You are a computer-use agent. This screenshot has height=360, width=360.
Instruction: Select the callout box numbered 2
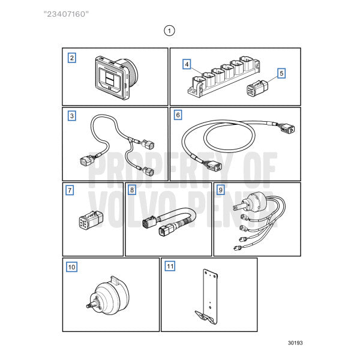click(72, 58)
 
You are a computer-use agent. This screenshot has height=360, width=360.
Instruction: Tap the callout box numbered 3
click(72, 116)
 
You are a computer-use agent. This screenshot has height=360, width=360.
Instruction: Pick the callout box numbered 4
click(187, 64)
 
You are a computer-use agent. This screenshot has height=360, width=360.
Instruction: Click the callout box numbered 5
click(281, 74)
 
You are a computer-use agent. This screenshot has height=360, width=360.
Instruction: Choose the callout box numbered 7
click(70, 190)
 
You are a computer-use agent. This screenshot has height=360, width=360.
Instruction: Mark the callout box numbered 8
click(132, 190)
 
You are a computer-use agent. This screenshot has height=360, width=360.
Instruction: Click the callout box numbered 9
click(221, 190)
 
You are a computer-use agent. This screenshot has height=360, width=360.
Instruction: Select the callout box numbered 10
click(72, 266)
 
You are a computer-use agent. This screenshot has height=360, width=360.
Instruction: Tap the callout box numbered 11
click(170, 266)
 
